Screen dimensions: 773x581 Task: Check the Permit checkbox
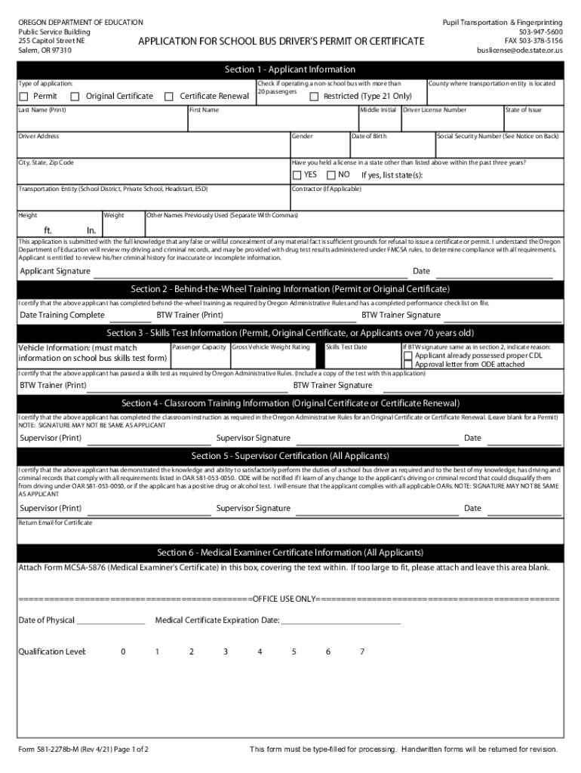[x=24, y=97]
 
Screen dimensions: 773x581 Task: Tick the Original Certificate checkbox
[x=75, y=97]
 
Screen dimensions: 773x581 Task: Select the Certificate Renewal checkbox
[x=170, y=97]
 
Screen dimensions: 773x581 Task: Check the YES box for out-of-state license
[x=297, y=175]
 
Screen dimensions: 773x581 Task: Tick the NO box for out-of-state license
[x=330, y=175]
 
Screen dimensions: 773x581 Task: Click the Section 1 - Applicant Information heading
[x=290, y=69]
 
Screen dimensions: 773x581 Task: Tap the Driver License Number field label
[x=435, y=110]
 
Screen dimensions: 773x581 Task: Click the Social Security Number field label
[x=498, y=137]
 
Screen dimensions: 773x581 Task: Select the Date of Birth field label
[x=369, y=137]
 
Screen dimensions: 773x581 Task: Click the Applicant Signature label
[x=55, y=271]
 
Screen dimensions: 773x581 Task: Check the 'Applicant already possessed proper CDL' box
[x=408, y=356]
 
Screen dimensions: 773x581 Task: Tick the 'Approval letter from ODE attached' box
[x=408, y=364]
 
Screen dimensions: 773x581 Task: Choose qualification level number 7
[x=362, y=651]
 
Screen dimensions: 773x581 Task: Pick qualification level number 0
[x=123, y=651]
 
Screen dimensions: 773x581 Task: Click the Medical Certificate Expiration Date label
[x=217, y=621]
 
